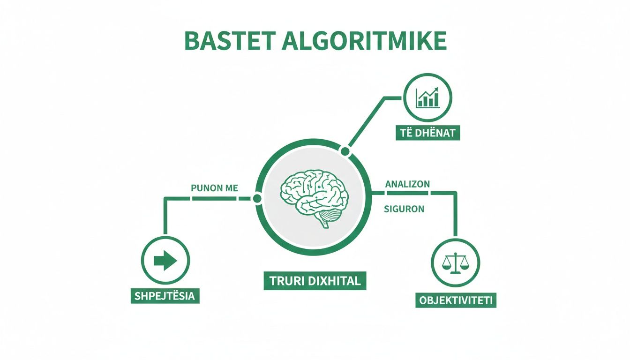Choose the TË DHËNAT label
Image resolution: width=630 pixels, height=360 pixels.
tap(427, 133)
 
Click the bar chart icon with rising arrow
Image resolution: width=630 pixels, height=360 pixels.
tap(427, 97)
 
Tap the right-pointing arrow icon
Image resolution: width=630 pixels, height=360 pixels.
tap(165, 261)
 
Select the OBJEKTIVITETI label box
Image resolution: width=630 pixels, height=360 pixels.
tap(456, 300)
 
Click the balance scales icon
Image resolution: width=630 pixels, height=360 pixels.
tap(455, 263)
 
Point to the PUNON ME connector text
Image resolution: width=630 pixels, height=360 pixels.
tap(215, 188)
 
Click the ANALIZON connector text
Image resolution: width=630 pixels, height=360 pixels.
tap(407, 184)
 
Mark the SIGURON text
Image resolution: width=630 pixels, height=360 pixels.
tap(404, 210)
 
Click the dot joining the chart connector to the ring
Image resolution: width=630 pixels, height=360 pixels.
tap(345, 151)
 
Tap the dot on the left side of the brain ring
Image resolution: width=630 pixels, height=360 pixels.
tap(256, 199)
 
